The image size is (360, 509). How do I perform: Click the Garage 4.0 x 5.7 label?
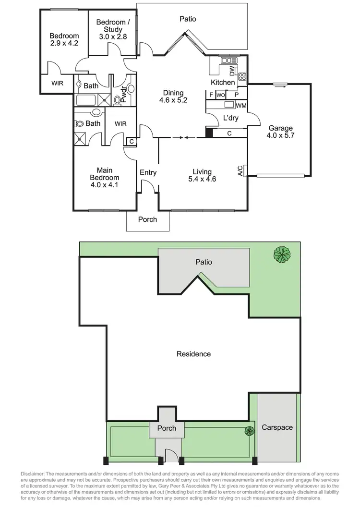(x=281, y=132)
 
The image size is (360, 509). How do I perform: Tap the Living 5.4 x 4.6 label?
(x=202, y=175)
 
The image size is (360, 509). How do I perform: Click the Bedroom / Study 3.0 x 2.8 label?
(x=113, y=29)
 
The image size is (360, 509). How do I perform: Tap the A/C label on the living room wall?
(x=240, y=171)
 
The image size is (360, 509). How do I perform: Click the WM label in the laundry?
(x=241, y=105)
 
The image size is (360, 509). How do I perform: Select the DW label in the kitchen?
(x=232, y=72)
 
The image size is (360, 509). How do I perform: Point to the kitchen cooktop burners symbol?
(x=242, y=76)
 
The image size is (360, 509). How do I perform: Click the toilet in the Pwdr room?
(x=118, y=100)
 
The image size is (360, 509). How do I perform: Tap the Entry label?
(x=148, y=173)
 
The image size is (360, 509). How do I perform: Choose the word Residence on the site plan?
(x=193, y=354)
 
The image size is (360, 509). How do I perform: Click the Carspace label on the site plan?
(x=277, y=427)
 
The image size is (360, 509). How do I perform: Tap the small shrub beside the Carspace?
(x=249, y=431)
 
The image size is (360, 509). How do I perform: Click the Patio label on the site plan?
(x=203, y=262)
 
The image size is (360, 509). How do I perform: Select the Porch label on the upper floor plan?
(x=147, y=219)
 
